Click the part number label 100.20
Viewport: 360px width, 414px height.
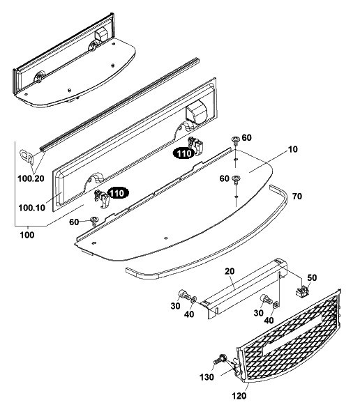point(31,178)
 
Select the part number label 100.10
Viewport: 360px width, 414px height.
point(31,208)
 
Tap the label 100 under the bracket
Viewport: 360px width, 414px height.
point(27,235)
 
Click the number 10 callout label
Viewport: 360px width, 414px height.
point(292,149)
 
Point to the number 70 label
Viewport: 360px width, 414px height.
point(297,196)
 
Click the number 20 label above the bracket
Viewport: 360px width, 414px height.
point(230,271)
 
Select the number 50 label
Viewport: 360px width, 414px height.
point(312,278)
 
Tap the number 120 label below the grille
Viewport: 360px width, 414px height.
point(239,396)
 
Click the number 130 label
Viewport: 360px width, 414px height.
point(207,377)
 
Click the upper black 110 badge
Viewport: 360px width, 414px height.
point(183,153)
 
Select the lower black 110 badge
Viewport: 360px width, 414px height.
point(117,193)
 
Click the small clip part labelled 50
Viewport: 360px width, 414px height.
point(302,291)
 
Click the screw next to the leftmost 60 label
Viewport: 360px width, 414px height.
point(94,221)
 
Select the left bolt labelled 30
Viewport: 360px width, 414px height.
point(184,295)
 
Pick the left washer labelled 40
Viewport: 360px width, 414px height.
point(194,300)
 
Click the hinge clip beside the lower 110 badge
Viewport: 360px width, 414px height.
point(102,199)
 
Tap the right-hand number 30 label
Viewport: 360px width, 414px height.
point(259,313)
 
